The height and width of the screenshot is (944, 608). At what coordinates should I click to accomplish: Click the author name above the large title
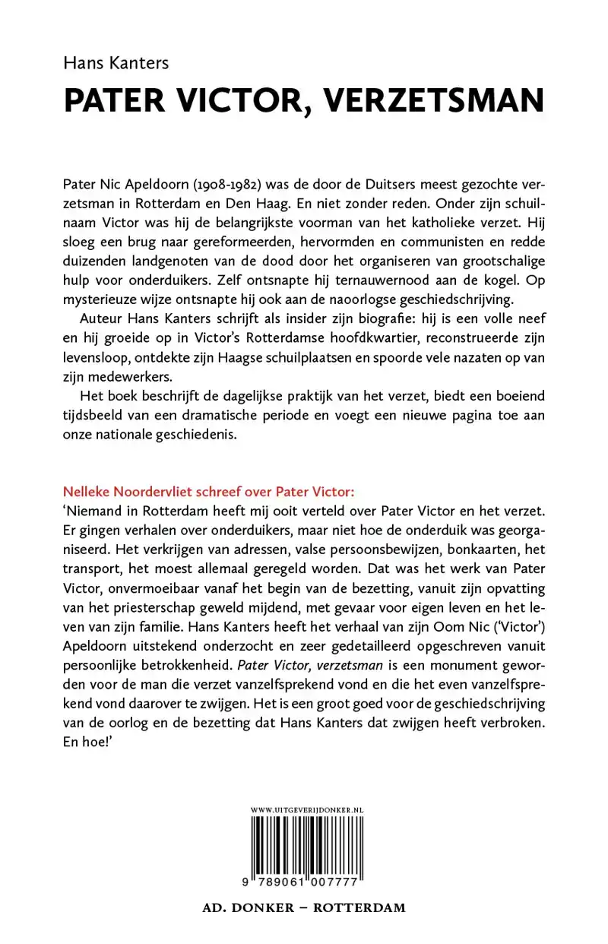116,63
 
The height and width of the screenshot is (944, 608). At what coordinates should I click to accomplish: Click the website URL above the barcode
307,811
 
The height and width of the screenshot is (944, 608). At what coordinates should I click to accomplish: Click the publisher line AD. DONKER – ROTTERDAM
304,908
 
